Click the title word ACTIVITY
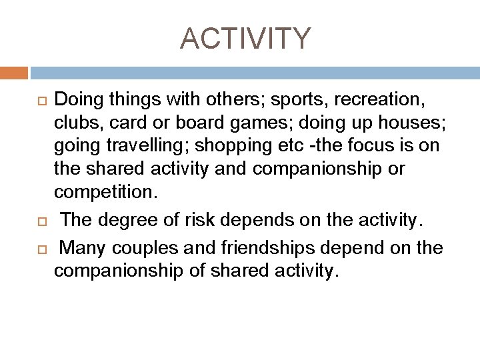tap(245, 39)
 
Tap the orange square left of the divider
tap(14, 72)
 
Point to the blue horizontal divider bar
tap(254, 72)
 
